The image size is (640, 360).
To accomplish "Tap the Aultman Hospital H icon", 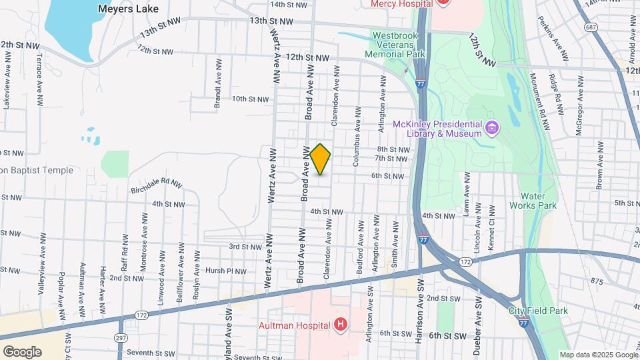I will (x=341, y=325).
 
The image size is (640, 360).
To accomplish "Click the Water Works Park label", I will (x=537, y=201).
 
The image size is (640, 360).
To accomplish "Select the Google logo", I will (x=22, y=351).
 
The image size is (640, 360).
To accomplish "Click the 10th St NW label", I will (x=249, y=99).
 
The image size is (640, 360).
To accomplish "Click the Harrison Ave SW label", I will (x=419, y=321).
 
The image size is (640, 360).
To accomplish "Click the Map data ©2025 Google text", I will (x=598, y=355).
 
